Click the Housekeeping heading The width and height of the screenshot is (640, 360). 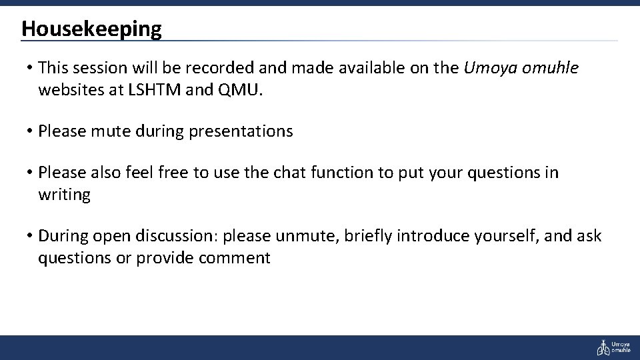coord(91,29)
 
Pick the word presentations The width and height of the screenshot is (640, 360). coord(241,131)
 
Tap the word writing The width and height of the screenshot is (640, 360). coord(64,195)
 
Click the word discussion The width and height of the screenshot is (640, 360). coord(177,236)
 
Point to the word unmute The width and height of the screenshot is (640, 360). coord(307,236)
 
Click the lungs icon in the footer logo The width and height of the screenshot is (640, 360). coord(603,347)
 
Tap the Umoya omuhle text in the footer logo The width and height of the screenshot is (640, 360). coord(621,347)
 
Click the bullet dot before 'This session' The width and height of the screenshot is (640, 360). coord(31,68)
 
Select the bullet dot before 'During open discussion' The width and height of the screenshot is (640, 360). coord(31,236)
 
